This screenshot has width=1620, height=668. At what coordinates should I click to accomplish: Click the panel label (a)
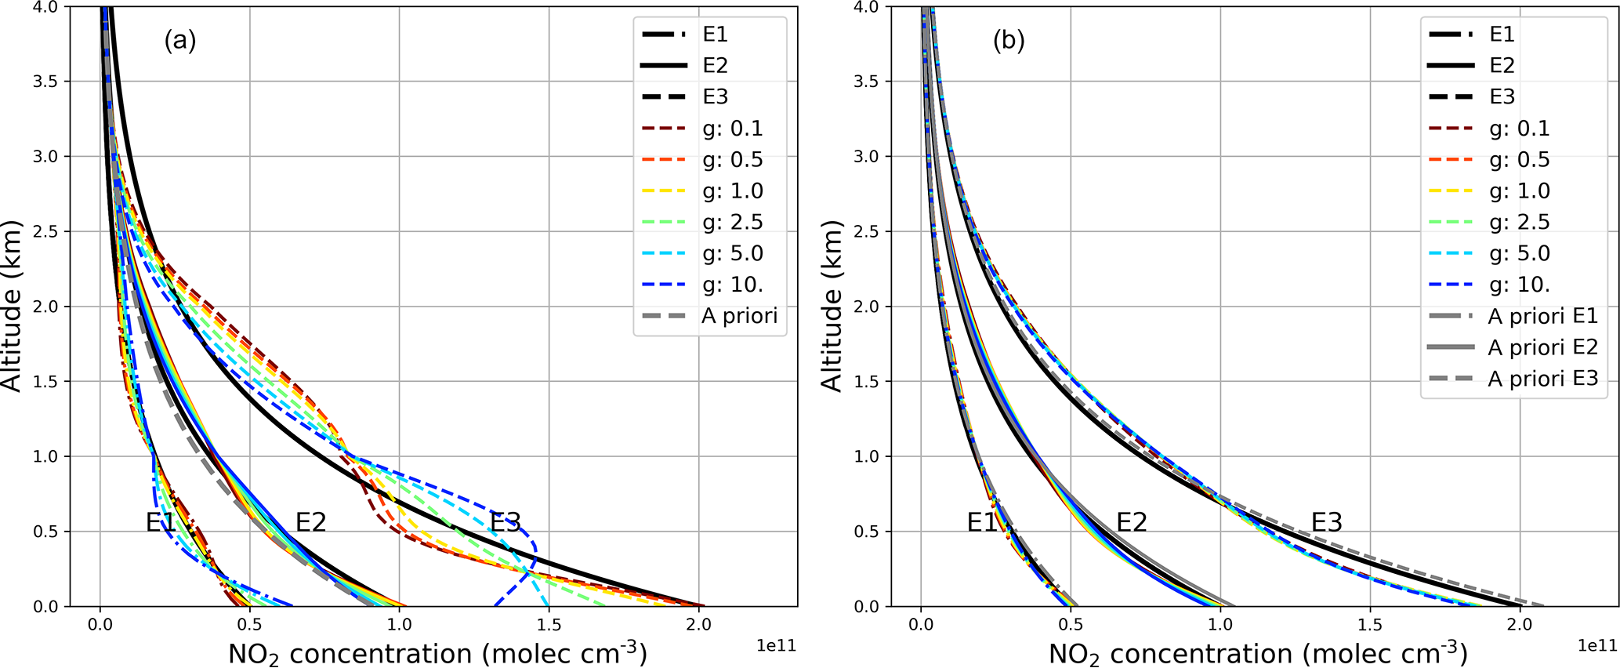(x=179, y=40)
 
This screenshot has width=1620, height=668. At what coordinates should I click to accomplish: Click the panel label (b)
(x=1008, y=40)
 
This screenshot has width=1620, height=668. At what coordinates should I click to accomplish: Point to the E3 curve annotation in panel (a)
(x=506, y=521)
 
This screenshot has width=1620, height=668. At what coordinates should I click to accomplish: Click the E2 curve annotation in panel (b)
(x=1131, y=521)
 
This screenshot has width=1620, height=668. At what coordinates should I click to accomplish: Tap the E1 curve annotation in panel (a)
(x=161, y=521)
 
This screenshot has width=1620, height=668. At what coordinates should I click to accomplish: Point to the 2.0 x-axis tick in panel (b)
(x=1520, y=625)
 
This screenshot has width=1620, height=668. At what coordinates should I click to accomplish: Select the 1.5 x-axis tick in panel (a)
(x=549, y=625)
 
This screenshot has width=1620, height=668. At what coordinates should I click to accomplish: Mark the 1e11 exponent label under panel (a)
(x=776, y=645)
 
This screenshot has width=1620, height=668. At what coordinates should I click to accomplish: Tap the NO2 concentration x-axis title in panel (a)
(x=437, y=653)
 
